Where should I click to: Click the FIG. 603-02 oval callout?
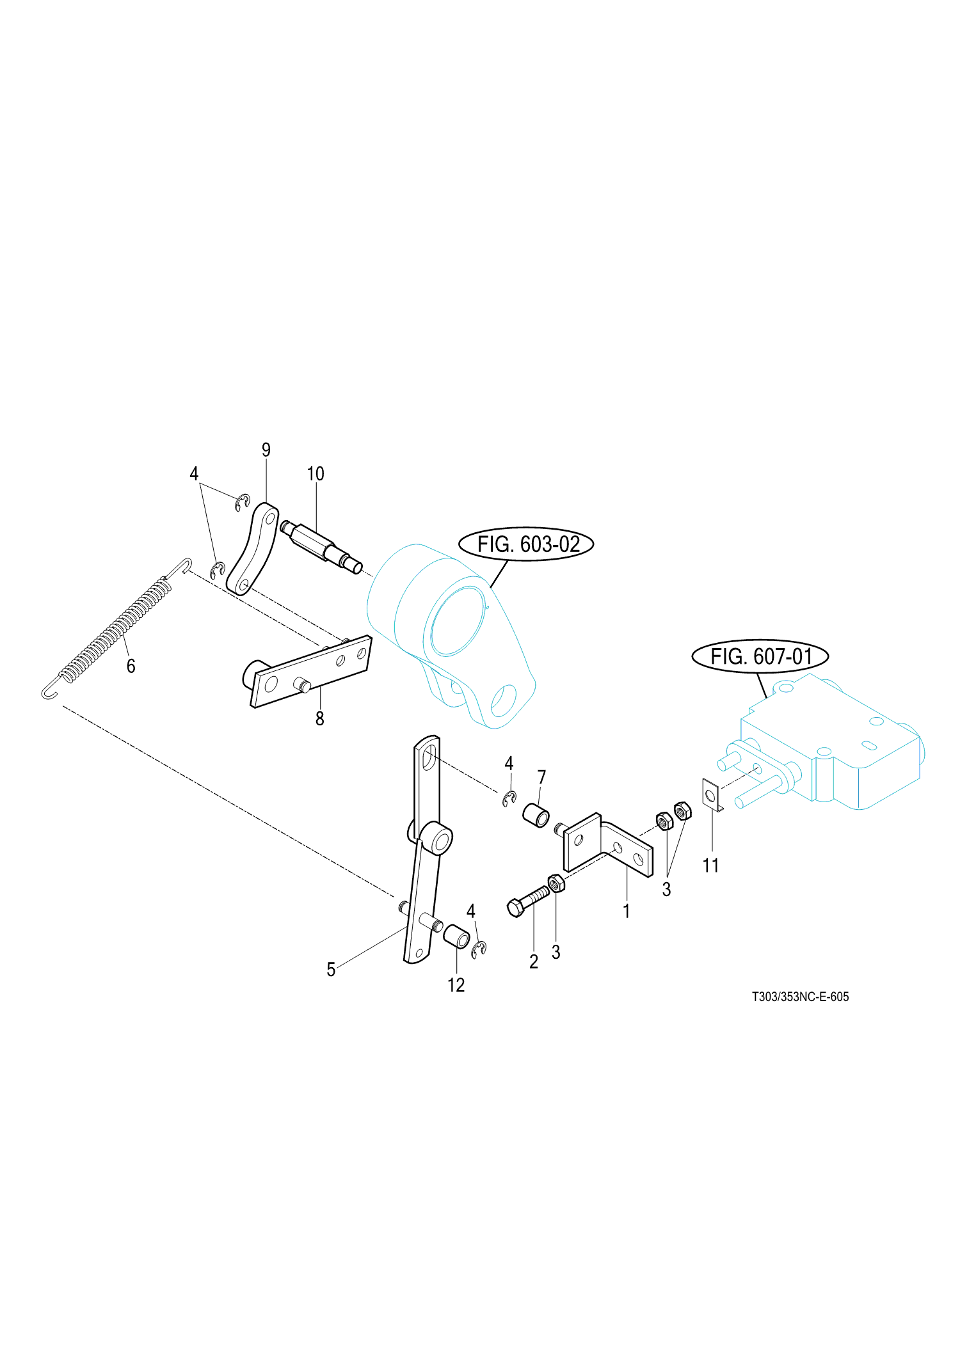[526, 544]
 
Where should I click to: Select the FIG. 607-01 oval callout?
[760, 656]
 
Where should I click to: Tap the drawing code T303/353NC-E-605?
[800, 997]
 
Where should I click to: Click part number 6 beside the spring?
[131, 666]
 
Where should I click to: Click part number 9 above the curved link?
[266, 450]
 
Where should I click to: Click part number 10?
[316, 474]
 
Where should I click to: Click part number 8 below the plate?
[320, 719]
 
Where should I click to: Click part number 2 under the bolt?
[534, 961]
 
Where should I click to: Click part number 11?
[711, 865]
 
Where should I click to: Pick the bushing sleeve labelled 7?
[536, 816]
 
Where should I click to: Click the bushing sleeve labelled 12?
[457, 937]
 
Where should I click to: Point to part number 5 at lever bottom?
[331, 970]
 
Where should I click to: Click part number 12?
[456, 985]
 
